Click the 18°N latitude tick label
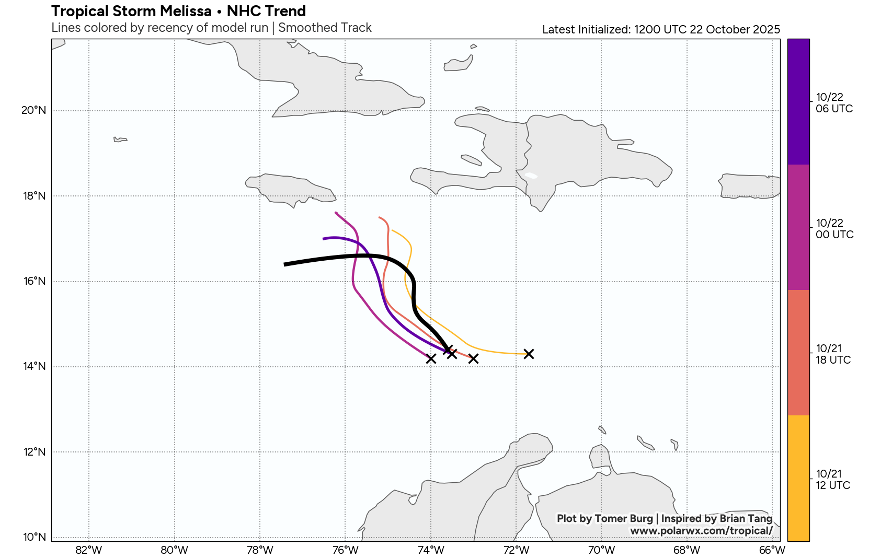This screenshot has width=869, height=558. point(35,196)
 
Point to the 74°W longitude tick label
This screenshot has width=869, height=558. point(431,550)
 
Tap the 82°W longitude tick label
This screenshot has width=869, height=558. point(89,550)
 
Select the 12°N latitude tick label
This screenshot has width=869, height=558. point(35,452)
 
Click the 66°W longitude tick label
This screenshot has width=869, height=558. point(772,550)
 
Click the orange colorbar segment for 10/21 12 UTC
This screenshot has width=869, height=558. point(798,478)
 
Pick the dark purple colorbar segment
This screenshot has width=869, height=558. point(798,102)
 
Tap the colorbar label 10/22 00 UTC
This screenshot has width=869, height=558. point(834,229)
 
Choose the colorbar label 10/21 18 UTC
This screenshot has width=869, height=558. point(833,354)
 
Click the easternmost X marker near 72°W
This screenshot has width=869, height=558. point(529,354)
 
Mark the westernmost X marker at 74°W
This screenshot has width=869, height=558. point(431,358)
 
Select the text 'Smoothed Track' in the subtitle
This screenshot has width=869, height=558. point(325,28)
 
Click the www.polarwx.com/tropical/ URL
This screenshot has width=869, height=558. point(701,531)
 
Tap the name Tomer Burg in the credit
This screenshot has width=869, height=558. point(624,518)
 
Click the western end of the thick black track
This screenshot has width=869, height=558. point(285,264)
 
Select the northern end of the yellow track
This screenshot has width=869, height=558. point(393,230)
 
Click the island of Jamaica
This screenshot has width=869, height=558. point(290,189)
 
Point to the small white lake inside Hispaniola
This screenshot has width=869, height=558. point(531,175)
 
